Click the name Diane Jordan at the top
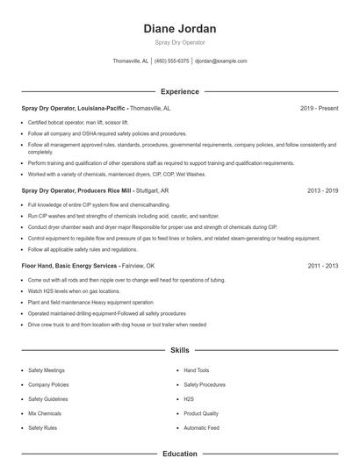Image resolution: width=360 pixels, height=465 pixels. click(179, 29)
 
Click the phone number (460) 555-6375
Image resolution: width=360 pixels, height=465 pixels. click(172, 61)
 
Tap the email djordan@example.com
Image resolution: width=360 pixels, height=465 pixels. click(220, 61)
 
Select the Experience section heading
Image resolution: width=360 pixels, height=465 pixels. click(179, 91)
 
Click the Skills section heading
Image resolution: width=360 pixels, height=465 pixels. click(179, 350)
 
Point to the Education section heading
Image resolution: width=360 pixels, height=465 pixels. click(179, 454)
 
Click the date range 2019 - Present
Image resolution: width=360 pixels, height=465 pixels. click(319, 108)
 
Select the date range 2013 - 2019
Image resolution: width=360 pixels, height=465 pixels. click(322, 189)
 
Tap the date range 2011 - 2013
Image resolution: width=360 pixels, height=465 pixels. click(322, 265)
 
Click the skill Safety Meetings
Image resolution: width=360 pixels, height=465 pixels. click(46, 370)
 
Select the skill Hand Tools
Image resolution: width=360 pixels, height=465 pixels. click(197, 370)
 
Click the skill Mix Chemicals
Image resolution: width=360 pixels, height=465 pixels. click(44, 412)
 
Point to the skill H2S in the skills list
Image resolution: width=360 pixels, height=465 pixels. click(189, 398)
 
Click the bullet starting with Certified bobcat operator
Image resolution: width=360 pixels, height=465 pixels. click(78, 122)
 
